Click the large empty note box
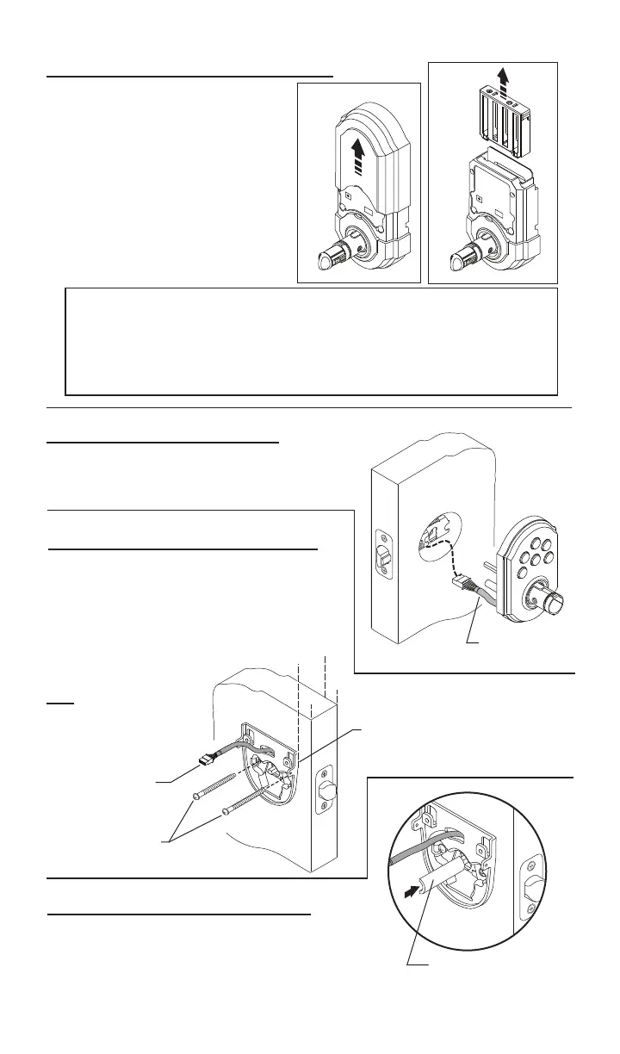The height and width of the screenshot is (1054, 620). pos(311,341)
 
